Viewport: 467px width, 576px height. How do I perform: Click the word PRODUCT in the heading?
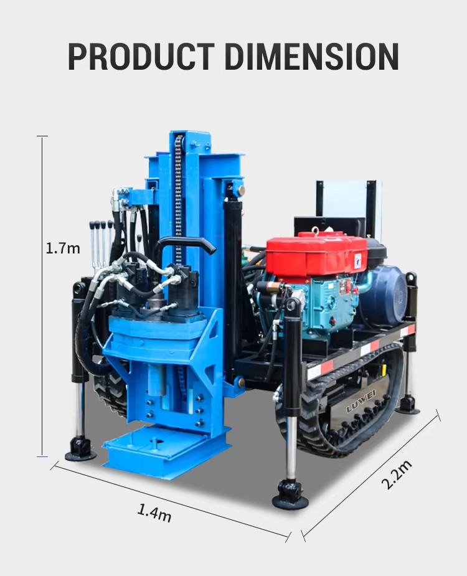[141, 56]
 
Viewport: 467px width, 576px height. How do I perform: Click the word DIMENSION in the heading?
[311, 56]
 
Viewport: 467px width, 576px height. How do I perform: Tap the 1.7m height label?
[63, 248]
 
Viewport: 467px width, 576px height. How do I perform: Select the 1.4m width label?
[154, 512]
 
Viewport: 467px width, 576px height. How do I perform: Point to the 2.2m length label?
[397, 474]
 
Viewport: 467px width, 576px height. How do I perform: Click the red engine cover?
[316, 253]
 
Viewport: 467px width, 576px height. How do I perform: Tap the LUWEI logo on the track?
[361, 401]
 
